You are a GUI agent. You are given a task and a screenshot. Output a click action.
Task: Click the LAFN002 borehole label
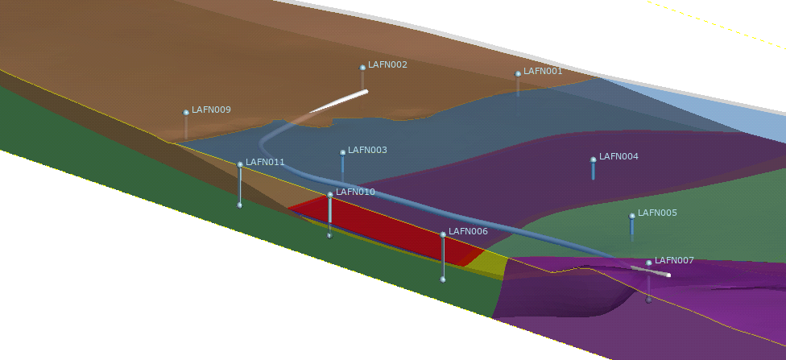pos(387,64)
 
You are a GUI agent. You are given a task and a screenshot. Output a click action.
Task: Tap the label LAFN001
pos(543,71)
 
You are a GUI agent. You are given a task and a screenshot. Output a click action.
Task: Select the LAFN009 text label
pos(211,110)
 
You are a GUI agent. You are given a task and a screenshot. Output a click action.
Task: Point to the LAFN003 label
pos(367,150)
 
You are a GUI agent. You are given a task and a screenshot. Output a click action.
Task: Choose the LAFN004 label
pos(618,156)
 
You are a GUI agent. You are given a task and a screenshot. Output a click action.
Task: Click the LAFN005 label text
pos(657,213)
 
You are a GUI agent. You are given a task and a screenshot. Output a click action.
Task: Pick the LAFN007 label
pos(674,261)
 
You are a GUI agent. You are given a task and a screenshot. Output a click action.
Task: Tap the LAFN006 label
pos(468,232)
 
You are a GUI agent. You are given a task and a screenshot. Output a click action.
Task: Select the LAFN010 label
pos(355,192)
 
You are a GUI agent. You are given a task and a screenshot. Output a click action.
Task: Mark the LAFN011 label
pos(265,163)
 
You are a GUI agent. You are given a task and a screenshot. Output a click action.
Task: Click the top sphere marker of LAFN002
pos(362,68)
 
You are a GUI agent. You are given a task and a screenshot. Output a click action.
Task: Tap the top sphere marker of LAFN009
pos(186,113)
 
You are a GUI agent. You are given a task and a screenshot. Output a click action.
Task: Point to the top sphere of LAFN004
pos(594,160)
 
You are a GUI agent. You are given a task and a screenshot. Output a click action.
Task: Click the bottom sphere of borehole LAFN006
pos(443,279)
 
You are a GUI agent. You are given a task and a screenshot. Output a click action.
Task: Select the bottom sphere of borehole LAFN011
pos(240,205)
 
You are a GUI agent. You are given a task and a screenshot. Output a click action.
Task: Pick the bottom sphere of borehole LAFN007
pos(648,300)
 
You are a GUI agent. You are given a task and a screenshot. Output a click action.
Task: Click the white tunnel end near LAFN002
pos(366,91)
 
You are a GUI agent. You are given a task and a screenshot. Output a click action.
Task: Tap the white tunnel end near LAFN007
pos(668,275)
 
